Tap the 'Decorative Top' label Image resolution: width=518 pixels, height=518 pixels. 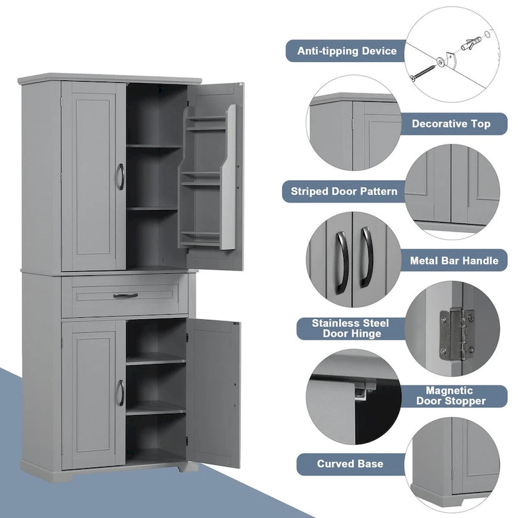tap(451, 123)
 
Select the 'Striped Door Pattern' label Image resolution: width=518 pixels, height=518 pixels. tap(344, 191)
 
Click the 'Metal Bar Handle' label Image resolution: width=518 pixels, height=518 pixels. tap(454, 260)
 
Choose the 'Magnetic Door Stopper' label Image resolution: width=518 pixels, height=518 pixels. tap(455, 396)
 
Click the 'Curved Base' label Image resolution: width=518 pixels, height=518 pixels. tap(350, 464)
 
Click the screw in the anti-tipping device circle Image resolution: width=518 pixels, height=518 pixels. tap(424, 69)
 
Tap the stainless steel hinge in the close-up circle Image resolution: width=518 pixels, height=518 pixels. tap(456, 333)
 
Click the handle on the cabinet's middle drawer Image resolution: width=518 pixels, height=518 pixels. tap(125, 295)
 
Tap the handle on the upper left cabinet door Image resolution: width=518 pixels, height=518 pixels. tap(120, 176)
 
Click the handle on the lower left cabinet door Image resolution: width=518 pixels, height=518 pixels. tap(120, 393)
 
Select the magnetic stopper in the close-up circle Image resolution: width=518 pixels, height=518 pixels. tap(363, 390)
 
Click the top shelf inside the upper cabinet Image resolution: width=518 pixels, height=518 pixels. tap(153, 146)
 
